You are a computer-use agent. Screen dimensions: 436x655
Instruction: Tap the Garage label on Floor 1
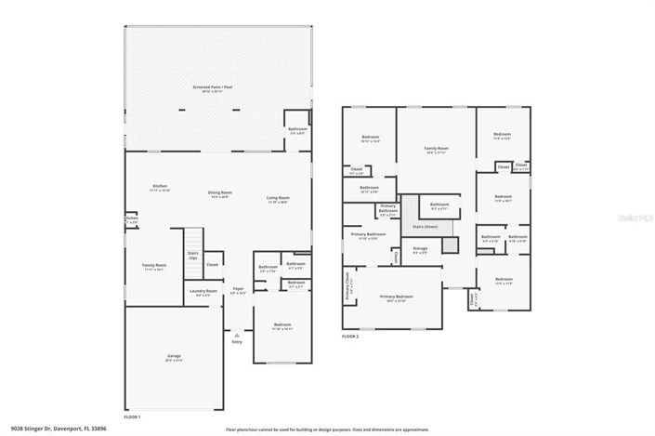tap(174, 357)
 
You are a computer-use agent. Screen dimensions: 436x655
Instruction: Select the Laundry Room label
tap(203, 293)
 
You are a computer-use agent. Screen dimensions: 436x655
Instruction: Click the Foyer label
tap(238, 290)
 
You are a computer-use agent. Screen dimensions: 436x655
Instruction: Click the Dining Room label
tap(219, 194)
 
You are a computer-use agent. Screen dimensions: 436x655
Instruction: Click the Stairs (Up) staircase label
tap(193, 255)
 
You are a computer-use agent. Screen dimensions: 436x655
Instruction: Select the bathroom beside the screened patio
tap(296, 131)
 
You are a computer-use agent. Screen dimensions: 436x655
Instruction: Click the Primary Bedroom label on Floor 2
tap(397, 297)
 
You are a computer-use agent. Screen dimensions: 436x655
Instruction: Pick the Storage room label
tap(420, 250)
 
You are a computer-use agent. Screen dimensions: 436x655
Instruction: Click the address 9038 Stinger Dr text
tap(53, 429)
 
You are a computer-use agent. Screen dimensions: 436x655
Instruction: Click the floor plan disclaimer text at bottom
tap(327, 429)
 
